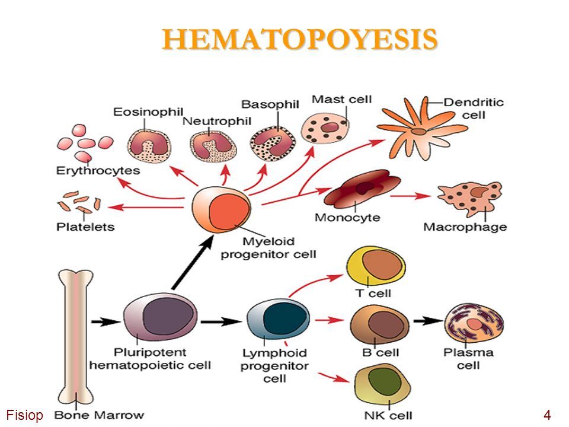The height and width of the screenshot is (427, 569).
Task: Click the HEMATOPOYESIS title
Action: [x=300, y=39]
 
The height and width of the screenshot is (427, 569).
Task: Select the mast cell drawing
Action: [x=325, y=128]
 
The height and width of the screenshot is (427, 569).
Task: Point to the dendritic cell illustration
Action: [x=421, y=129]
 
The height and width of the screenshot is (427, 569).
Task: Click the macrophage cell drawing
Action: [x=470, y=198]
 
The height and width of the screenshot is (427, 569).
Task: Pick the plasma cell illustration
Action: [x=474, y=323]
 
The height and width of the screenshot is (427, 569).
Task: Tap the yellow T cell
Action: [x=376, y=267]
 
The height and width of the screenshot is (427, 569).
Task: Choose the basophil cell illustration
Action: [x=273, y=145]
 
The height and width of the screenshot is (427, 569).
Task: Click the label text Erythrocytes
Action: [x=98, y=171]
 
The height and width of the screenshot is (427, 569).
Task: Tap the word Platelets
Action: [x=85, y=227]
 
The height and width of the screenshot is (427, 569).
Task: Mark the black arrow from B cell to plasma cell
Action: [x=428, y=321]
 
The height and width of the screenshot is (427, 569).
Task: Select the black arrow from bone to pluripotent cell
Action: [x=106, y=321]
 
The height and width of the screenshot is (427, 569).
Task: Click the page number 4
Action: [x=547, y=415]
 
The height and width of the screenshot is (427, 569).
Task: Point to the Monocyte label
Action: [x=347, y=218]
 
